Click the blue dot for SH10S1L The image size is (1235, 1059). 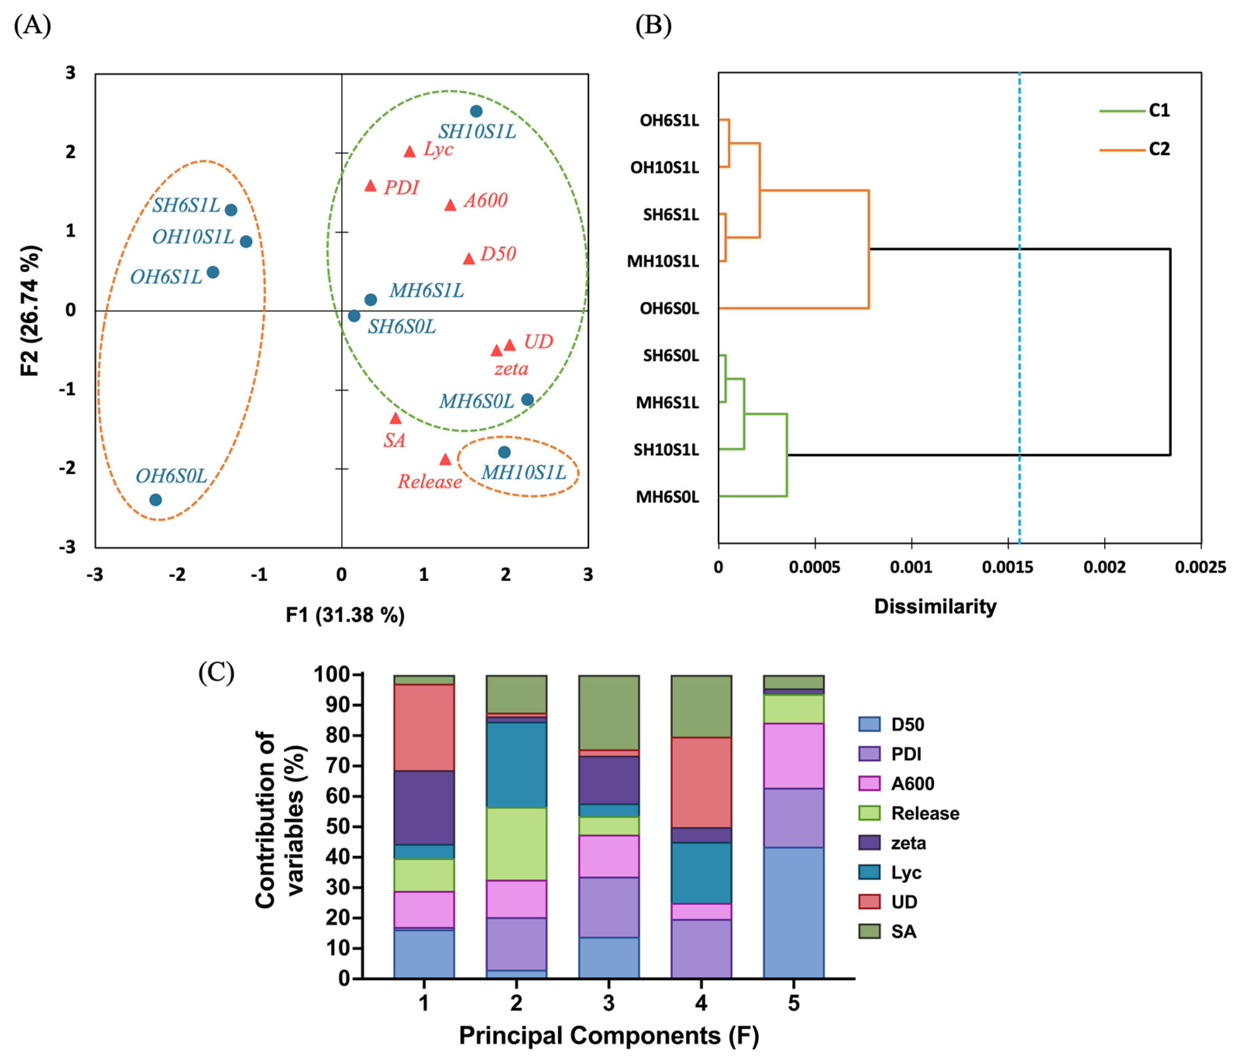(476, 112)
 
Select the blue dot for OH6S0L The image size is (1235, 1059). (156, 500)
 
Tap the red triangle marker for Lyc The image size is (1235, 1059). (409, 151)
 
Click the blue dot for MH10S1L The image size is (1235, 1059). (504, 452)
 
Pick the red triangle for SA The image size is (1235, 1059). (396, 419)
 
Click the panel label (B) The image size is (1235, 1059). (653, 26)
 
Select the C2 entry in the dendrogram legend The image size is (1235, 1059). (1159, 149)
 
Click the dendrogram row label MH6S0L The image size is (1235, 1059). (667, 497)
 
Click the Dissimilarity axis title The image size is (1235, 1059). (935, 606)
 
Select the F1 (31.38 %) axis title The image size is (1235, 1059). (345, 615)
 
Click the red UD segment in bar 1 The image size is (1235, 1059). (424, 727)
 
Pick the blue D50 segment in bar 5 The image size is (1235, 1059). (793, 913)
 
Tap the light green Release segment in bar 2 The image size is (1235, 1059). (516, 844)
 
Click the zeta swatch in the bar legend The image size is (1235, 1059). (869, 843)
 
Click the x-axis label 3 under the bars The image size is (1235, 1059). (609, 1003)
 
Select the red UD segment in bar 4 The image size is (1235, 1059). (701, 782)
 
